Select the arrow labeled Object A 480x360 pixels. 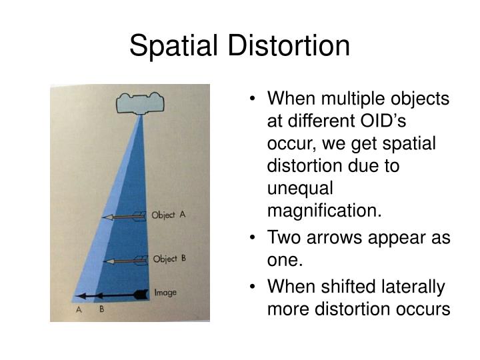coord(123,217)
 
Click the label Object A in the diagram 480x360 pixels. coord(169,215)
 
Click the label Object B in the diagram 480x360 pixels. coord(169,259)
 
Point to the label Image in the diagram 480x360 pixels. coord(165,292)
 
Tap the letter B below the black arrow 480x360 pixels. coord(102,311)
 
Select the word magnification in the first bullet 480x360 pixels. coord(325,211)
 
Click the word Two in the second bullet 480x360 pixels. coord(283,238)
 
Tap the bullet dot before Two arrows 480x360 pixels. coord(255,238)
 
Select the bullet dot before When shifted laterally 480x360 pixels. coord(255,287)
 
